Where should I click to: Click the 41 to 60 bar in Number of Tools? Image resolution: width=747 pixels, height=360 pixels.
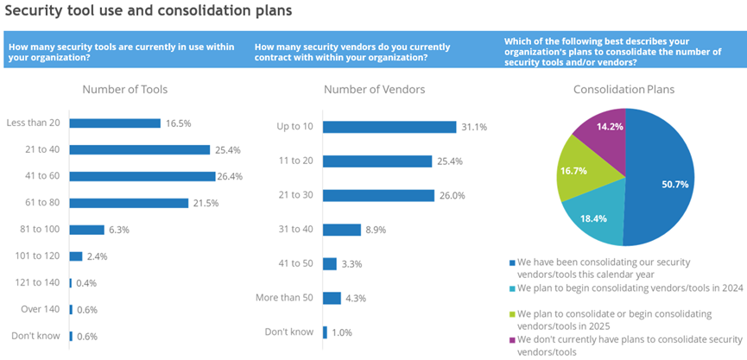[142, 176]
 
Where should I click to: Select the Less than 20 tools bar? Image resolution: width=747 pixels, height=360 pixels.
[115, 123]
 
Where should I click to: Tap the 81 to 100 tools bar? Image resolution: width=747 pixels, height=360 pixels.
[86, 230]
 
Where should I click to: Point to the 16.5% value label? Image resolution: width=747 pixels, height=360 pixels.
[178, 123]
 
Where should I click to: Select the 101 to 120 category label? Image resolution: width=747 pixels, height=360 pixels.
[34, 256]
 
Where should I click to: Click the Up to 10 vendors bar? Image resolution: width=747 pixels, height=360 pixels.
[389, 127]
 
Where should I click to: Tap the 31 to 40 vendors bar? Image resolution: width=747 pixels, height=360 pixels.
[341, 230]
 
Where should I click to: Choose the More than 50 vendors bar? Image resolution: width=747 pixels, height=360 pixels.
[331, 298]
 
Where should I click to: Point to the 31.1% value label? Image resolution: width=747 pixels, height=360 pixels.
[474, 128]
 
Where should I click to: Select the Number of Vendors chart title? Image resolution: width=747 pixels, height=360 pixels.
[374, 90]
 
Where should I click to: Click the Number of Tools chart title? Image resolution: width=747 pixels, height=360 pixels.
[124, 90]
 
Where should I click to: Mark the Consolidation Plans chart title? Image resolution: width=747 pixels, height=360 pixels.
[624, 90]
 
